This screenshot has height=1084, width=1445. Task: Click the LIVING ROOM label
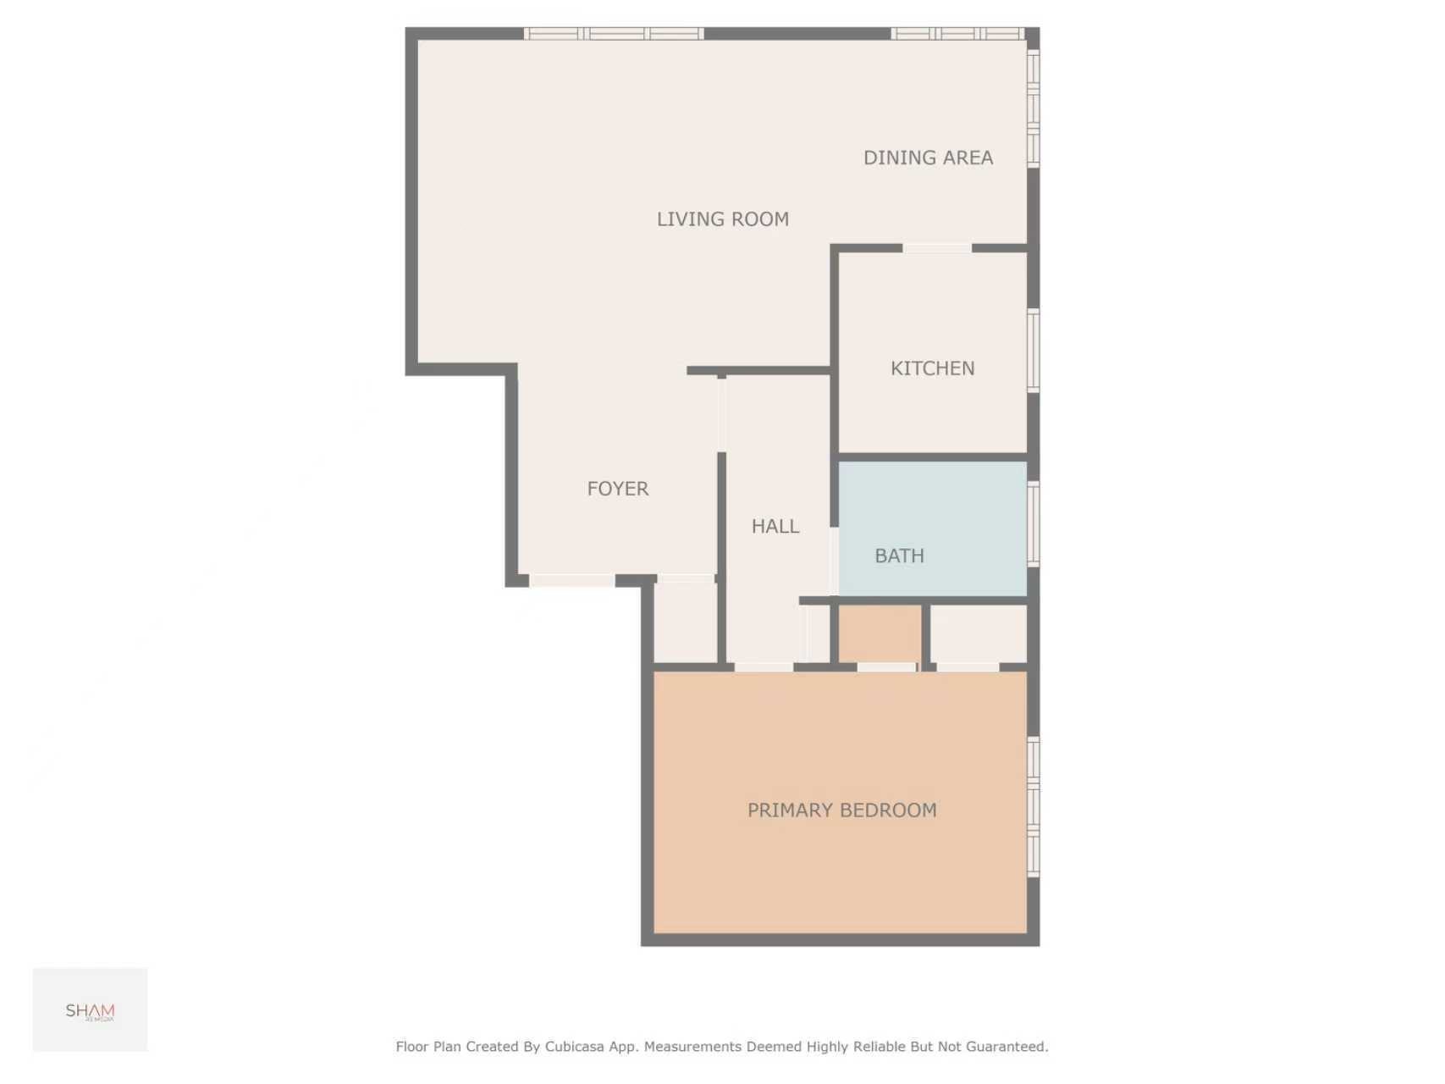click(722, 219)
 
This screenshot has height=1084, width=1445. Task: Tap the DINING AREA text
click(928, 158)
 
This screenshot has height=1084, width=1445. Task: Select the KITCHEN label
click(932, 368)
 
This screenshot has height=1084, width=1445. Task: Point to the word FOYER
click(617, 489)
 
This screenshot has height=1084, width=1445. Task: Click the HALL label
click(775, 526)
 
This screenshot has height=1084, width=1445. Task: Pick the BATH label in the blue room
click(899, 556)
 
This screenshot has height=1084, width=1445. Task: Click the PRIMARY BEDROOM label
click(841, 810)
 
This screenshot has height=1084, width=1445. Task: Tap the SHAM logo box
click(90, 1009)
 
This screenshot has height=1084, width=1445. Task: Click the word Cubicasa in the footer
click(574, 1047)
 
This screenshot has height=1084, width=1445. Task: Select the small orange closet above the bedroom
click(880, 633)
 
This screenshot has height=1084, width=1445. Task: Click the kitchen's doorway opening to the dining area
click(936, 248)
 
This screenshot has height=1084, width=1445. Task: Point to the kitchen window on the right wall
click(1033, 351)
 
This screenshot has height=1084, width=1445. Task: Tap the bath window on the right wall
click(1033, 523)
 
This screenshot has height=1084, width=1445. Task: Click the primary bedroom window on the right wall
click(1033, 806)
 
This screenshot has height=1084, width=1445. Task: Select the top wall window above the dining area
click(958, 34)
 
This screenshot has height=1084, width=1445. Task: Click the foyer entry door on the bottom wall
click(571, 581)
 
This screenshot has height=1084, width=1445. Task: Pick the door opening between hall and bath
click(834, 561)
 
